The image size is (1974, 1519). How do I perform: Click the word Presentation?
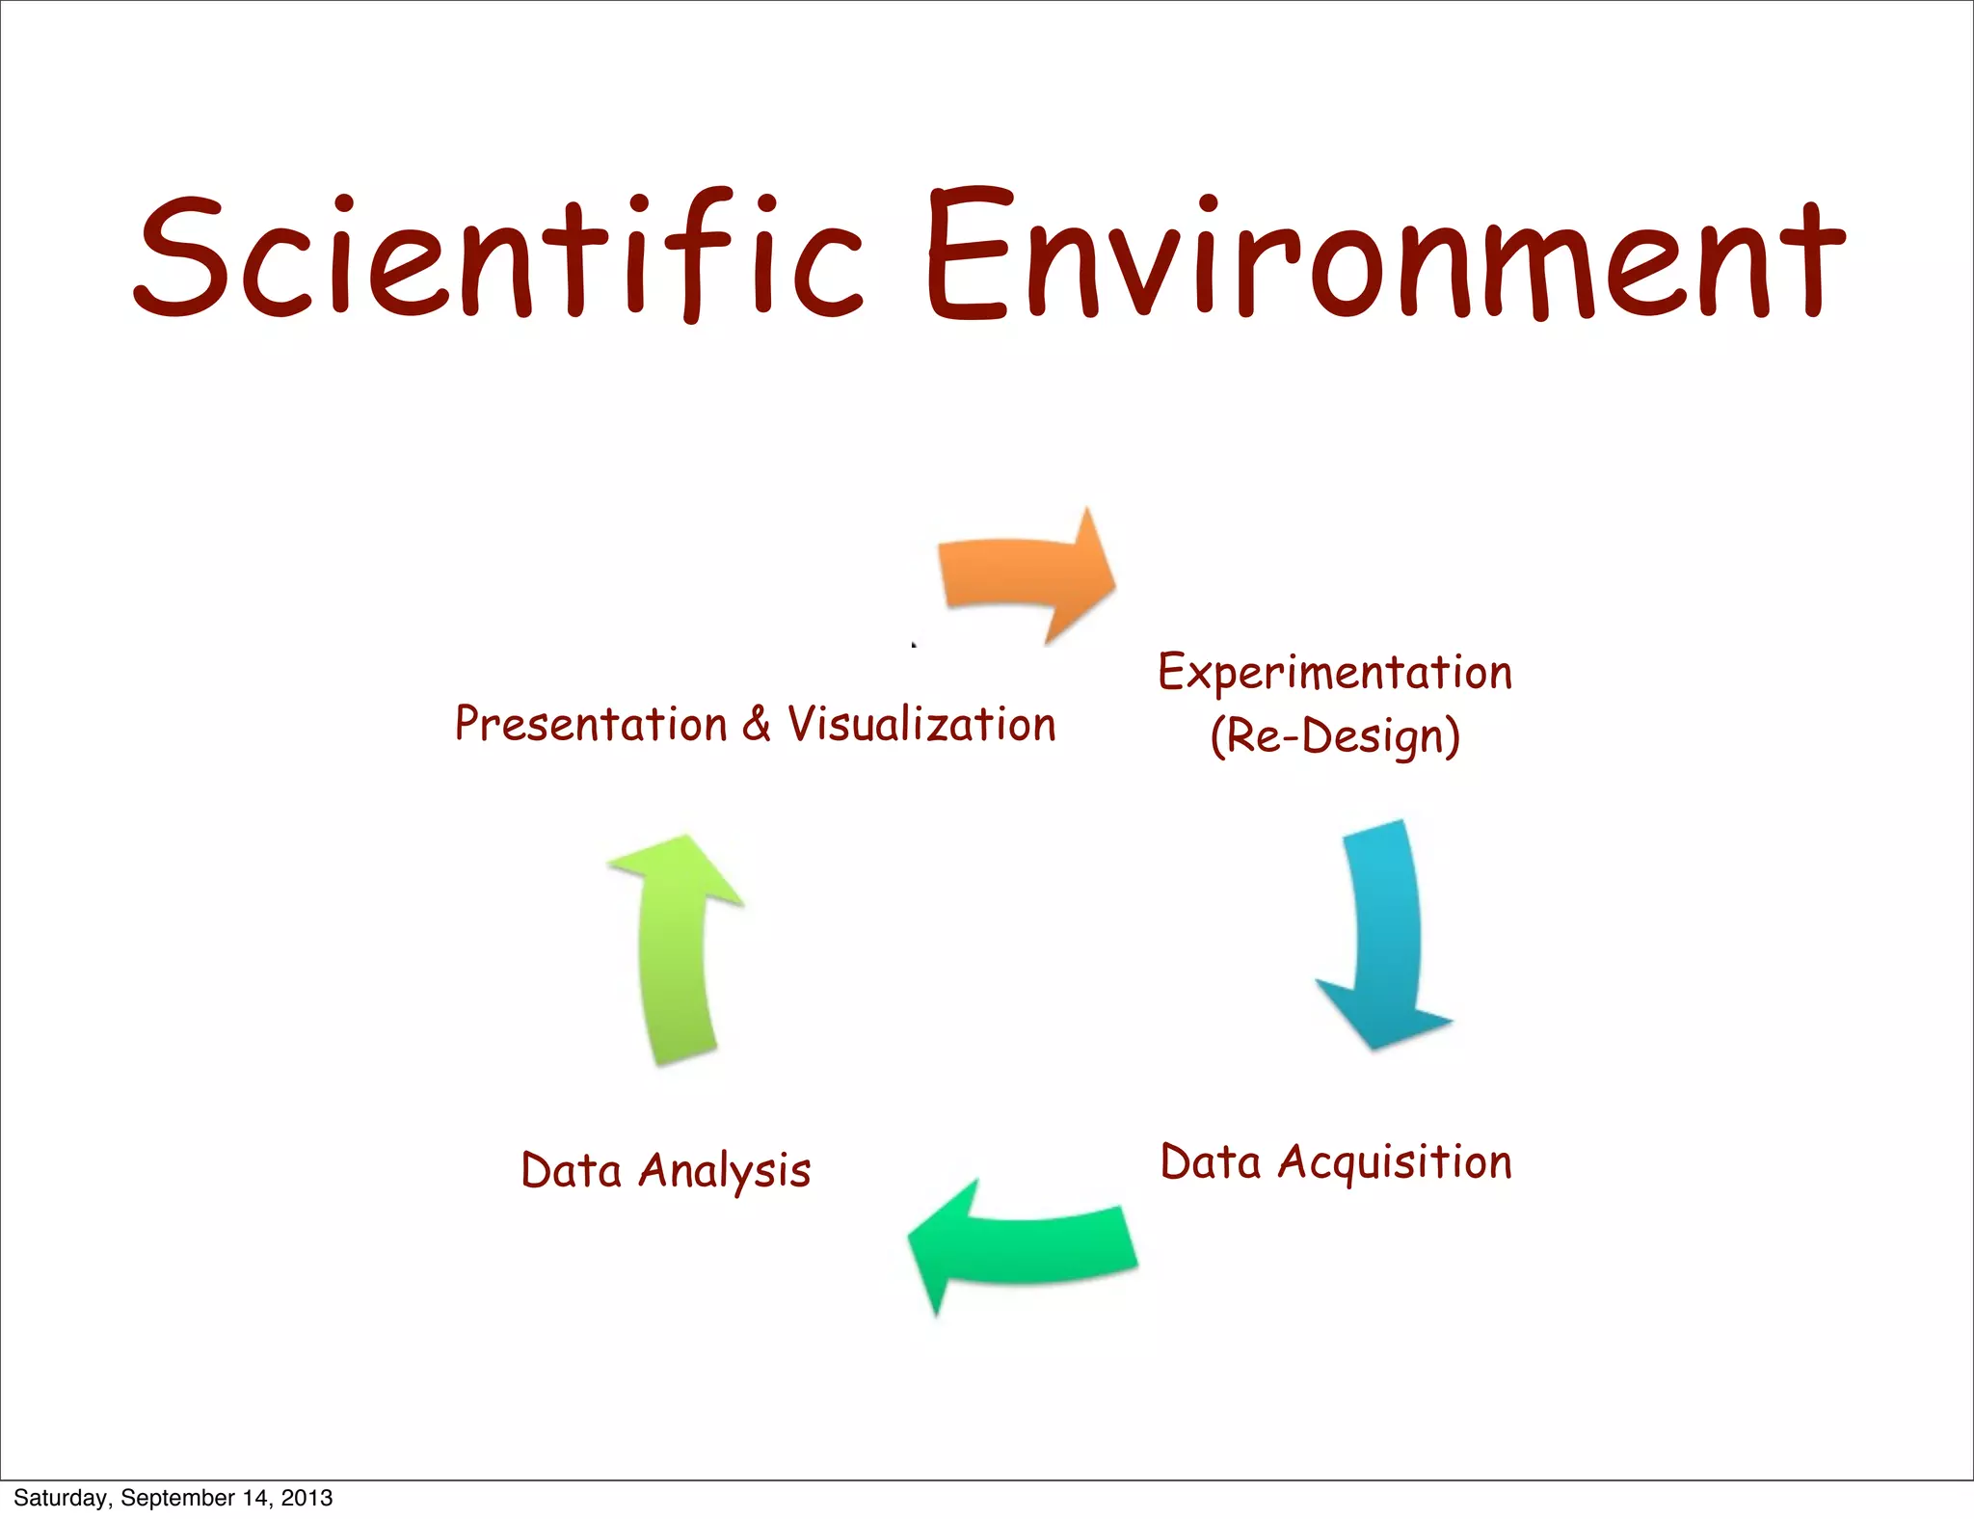pos(591,724)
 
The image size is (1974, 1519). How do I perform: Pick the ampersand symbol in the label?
pos(757,724)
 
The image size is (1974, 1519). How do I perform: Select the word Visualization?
pos(921,724)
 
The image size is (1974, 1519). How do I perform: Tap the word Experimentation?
pos(1335,674)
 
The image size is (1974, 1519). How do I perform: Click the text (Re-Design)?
pos(1335,737)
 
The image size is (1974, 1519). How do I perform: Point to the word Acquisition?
pos(1395,1163)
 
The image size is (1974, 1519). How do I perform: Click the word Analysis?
pos(725,1172)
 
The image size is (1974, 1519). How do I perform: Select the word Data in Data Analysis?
pos(571,1171)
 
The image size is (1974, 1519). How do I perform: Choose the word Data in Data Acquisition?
pos(1211,1162)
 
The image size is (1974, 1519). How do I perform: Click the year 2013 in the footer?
pos(307,1498)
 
